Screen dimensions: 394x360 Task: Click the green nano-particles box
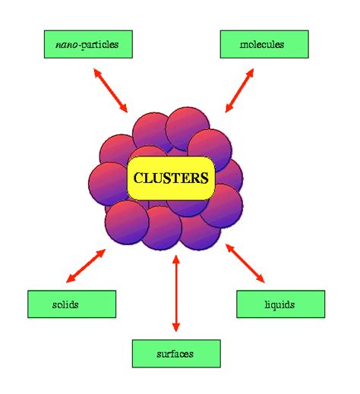click(x=87, y=45)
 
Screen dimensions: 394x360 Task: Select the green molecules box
click(x=264, y=45)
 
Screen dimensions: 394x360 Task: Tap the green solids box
click(x=71, y=304)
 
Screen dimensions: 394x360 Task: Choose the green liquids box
click(x=280, y=304)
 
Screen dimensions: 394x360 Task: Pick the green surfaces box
click(x=175, y=354)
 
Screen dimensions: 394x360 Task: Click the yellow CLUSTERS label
click(x=171, y=178)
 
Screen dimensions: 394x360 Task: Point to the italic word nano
click(x=66, y=45)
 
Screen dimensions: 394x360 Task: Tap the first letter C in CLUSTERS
click(x=138, y=178)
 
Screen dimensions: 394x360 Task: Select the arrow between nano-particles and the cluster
click(x=111, y=90)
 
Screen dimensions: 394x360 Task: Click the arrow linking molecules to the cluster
click(x=239, y=90)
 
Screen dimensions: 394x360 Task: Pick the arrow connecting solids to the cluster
click(x=85, y=265)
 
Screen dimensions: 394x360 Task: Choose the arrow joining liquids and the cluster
click(x=246, y=263)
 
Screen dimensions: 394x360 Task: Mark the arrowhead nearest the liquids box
click(x=263, y=280)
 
